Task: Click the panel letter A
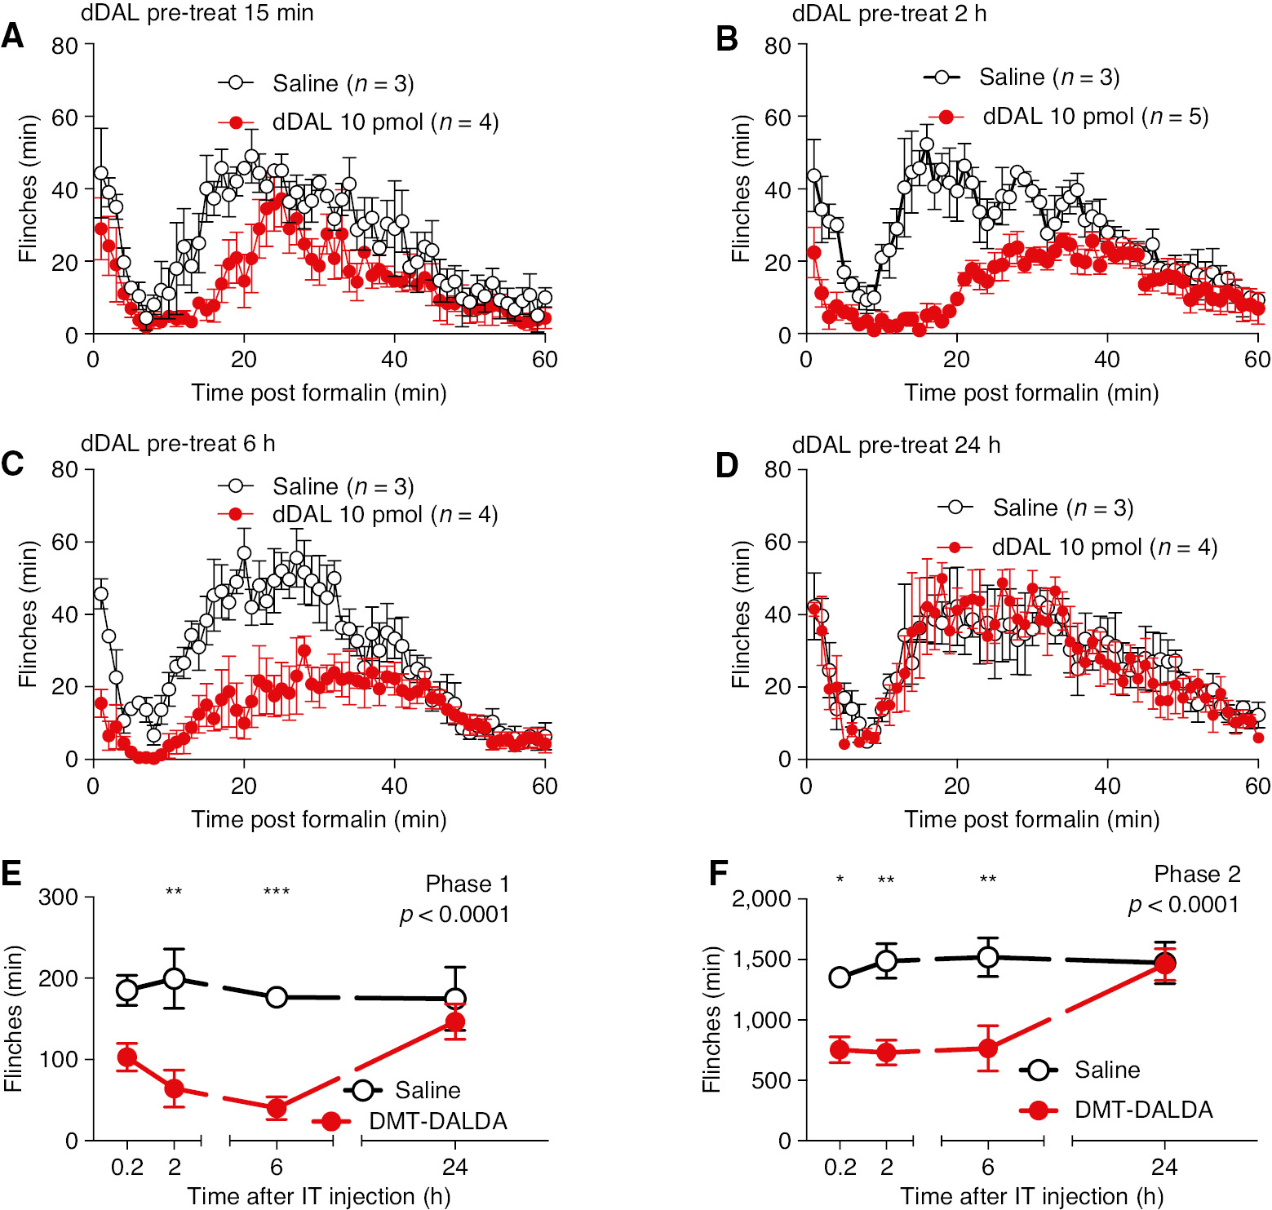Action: pos(12,37)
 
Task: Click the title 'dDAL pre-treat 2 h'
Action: pos(889,14)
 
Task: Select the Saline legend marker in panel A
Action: pos(236,83)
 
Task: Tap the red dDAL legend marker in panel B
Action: pos(946,117)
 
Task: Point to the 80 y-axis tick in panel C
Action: pos(65,469)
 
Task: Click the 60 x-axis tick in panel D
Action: pos(1257,786)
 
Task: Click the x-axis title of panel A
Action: pos(319,392)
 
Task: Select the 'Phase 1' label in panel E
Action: pos(468,884)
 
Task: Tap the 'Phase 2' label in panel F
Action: pos(1197,874)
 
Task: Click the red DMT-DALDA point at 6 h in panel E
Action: pos(277,1108)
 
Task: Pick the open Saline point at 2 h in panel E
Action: pos(174,978)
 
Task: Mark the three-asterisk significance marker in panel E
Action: pos(277,891)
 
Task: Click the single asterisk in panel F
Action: pos(840,880)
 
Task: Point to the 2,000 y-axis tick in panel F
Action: pos(761,899)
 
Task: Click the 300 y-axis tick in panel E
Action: pos(59,898)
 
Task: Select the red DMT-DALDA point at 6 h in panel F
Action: pos(988,1048)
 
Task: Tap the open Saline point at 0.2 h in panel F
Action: pos(840,977)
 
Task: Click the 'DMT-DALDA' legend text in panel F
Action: pos(1143,1110)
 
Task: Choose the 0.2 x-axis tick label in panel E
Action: pos(127,1167)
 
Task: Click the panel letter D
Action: pos(726,465)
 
